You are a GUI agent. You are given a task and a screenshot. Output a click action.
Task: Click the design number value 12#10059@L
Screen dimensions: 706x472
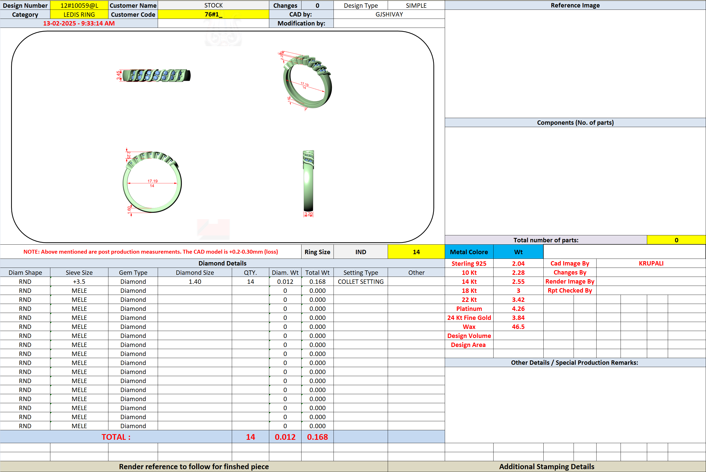(x=79, y=5)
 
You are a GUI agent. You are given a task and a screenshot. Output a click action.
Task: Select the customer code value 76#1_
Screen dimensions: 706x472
(x=213, y=14)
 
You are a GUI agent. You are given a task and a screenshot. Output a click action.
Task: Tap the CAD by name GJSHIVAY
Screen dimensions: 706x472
(x=389, y=14)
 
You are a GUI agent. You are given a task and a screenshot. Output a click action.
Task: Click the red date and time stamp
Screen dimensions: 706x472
(x=79, y=23)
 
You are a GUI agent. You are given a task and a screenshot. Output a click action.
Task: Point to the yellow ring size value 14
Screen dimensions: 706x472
(x=416, y=252)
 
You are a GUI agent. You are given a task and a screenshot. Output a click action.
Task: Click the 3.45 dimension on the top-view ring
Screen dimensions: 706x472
(x=118, y=75)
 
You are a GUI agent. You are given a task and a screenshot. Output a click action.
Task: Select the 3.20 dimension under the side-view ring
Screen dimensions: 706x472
(x=308, y=214)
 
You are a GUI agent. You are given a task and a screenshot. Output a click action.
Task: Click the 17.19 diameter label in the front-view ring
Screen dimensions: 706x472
(x=153, y=181)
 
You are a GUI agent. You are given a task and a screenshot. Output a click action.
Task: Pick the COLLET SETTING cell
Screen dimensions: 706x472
(x=361, y=282)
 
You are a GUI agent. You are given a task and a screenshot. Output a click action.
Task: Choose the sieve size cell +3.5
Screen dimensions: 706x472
(x=79, y=282)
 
